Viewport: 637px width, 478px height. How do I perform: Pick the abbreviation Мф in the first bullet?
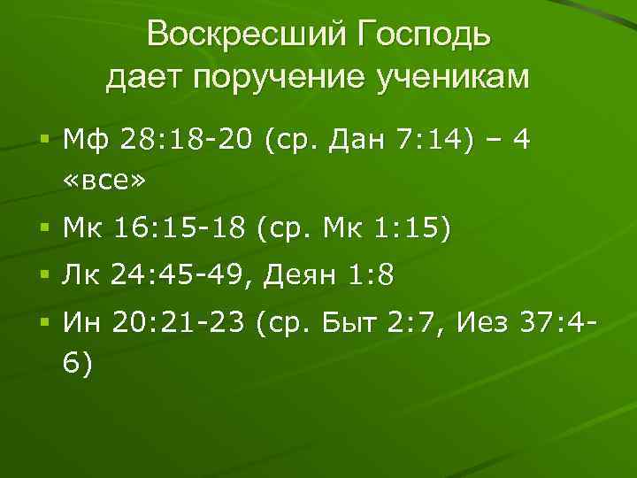(85, 139)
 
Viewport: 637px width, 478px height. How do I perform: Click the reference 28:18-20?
(186, 139)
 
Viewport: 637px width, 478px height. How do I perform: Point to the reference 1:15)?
(411, 229)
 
